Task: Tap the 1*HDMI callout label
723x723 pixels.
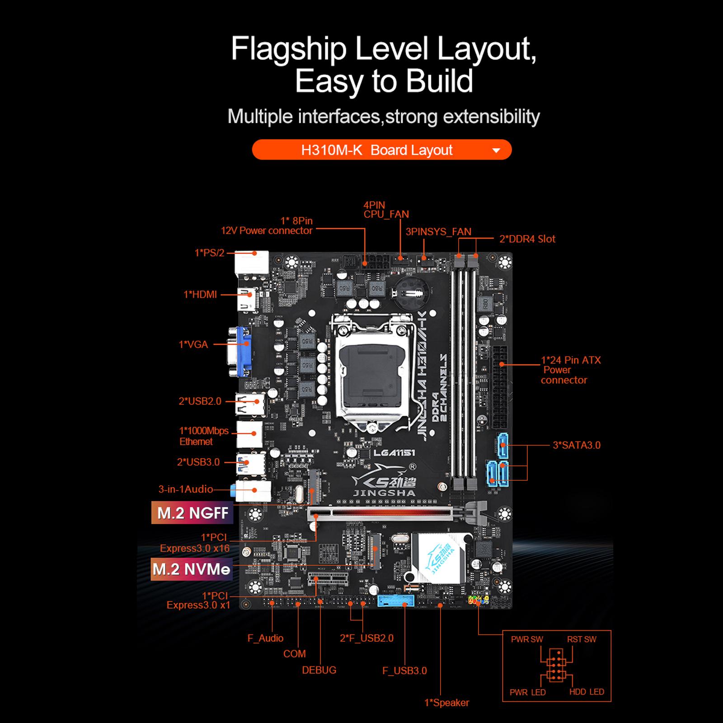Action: pyautogui.click(x=200, y=295)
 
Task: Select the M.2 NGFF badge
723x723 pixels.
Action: pyautogui.click(x=192, y=513)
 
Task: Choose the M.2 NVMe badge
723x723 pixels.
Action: pyautogui.click(x=192, y=569)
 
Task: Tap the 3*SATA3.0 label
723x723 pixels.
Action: pyautogui.click(x=577, y=445)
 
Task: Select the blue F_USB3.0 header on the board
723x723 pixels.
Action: pyautogui.click(x=396, y=601)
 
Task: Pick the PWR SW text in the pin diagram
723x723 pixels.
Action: pyautogui.click(x=527, y=639)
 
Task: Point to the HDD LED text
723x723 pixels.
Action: pyautogui.click(x=587, y=692)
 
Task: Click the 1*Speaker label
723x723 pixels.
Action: pyautogui.click(x=446, y=703)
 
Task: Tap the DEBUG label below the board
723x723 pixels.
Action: pyautogui.click(x=319, y=670)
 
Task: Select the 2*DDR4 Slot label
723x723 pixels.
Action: pyautogui.click(x=527, y=239)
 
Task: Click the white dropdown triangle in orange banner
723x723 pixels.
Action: pyautogui.click(x=496, y=150)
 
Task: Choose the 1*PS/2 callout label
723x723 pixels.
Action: pyautogui.click(x=209, y=253)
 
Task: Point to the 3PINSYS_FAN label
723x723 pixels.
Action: pyautogui.click(x=438, y=232)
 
